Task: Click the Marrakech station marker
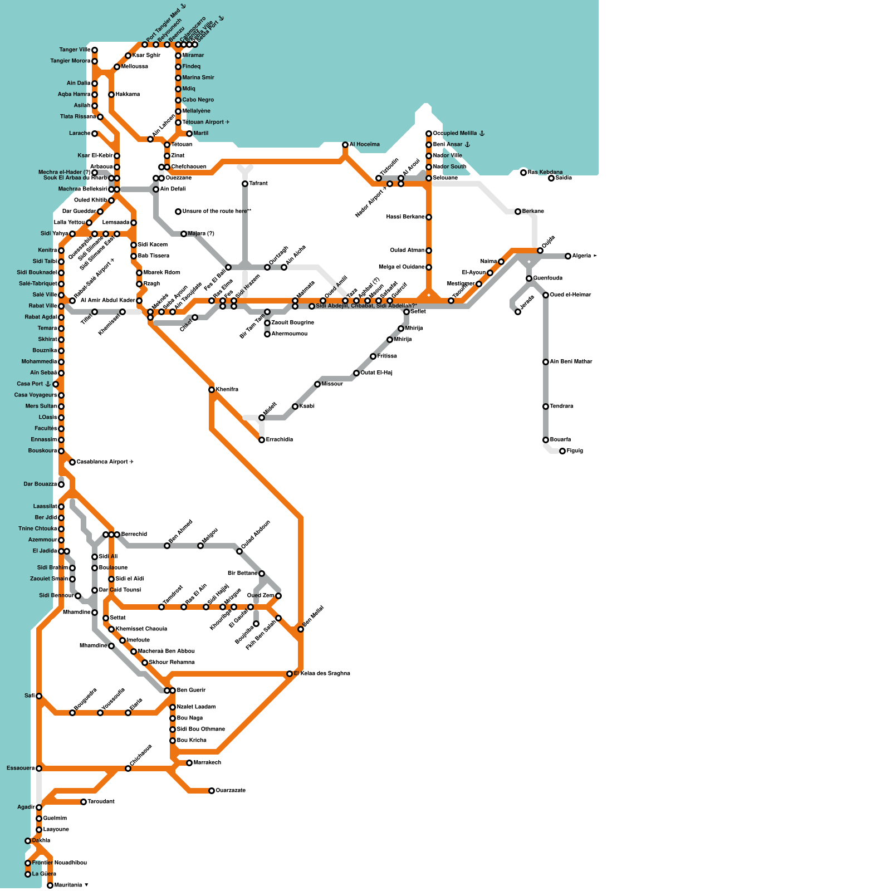[x=189, y=763]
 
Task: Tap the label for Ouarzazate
[x=231, y=791]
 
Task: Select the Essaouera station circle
[x=39, y=768]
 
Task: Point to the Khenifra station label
[x=227, y=390]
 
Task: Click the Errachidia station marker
[x=262, y=440]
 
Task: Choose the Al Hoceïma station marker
[x=345, y=145]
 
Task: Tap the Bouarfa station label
[x=560, y=440]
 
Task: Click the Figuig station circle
[x=562, y=451]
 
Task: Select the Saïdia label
[x=564, y=178]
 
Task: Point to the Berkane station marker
[x=518, y=212]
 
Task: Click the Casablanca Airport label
[x=105, y=462]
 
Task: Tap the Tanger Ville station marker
[x=95, y=50]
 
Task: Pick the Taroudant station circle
[x=84, y=802]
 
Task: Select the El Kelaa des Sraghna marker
[x=290, y=674]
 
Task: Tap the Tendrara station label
[x=561, y=407]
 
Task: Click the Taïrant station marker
[x=245, y=184]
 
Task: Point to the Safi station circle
[x=39, y=696]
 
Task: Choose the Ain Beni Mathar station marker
[x=546, y=362]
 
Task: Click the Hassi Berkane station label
[x=405, y=217]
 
